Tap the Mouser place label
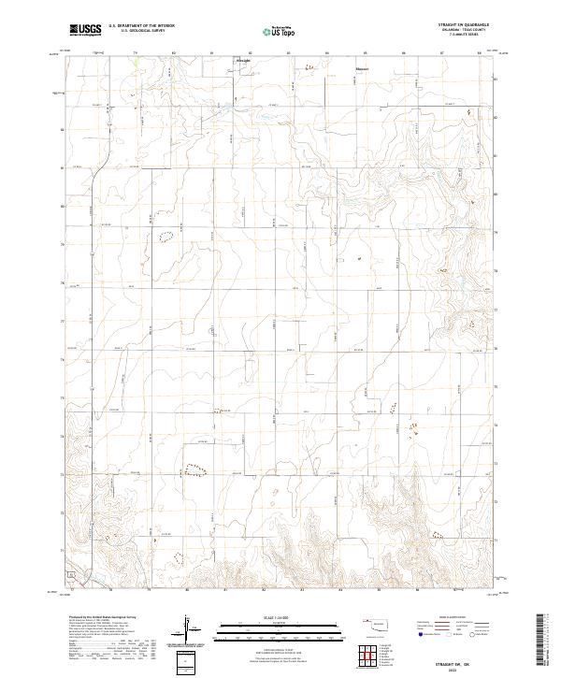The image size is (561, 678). click(362, 68)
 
